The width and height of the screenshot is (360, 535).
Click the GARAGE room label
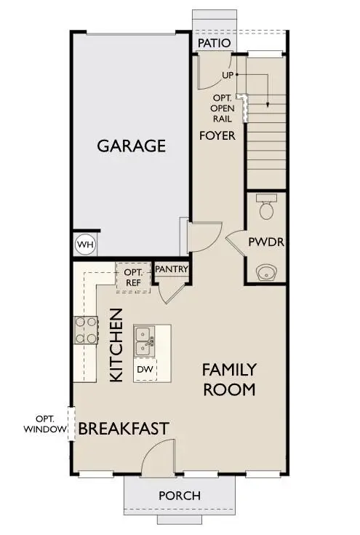(x=132, y=146)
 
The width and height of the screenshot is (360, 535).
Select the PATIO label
(x=215, y=44)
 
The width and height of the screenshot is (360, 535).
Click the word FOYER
(x=217, y=135)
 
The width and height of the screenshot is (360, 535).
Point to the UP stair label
(x=227, y=76)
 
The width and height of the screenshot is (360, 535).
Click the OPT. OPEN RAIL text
(x=223, y=107)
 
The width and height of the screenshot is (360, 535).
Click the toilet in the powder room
(x=266, y=207)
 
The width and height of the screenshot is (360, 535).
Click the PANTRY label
(x=172, y=269)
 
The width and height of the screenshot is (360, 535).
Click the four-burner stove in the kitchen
(x=85, y=329)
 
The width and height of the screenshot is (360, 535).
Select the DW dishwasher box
(x=145, y=370)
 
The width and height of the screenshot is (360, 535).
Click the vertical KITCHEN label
(x=116, y=344)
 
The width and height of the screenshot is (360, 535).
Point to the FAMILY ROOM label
(x=229, y=379)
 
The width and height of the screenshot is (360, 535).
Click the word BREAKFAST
(x=124, y=428)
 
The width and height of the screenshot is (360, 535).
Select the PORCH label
(x=180, y=496)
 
